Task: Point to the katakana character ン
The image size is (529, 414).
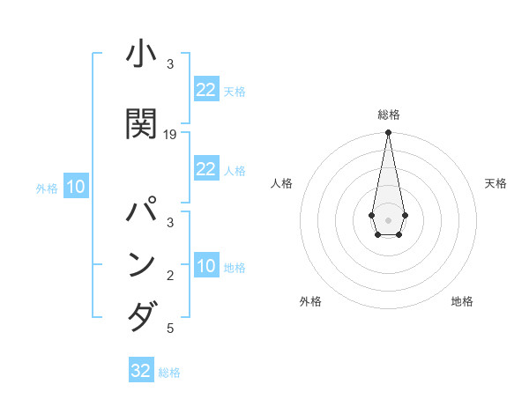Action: [x=143, y=265]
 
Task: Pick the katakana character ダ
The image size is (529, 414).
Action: [x=143, y=314]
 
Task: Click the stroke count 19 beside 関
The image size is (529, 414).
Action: [x=170, y=134]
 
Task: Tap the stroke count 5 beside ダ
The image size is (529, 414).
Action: [x=170, y=329]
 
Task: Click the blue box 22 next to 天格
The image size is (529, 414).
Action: [x=205, y=90]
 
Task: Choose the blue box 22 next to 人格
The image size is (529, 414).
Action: [x=205, y=169]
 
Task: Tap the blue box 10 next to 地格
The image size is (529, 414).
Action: [x=205, y=266]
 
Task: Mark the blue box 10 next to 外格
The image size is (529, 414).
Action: [x=75, y=187]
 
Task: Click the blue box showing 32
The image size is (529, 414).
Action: [x=141, y=371]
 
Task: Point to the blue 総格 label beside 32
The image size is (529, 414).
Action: [x=169, y=373]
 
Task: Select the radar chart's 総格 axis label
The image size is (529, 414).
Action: [x=388, y=115]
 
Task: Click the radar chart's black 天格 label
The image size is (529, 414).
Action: [x=495, y=183]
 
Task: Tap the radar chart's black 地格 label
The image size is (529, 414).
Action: [x=462, y=301]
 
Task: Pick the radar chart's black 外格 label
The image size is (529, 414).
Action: [x=310, y=301]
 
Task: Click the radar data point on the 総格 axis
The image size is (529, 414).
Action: [x=388, y=133]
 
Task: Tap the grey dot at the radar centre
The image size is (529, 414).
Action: [x=388, y=218]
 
